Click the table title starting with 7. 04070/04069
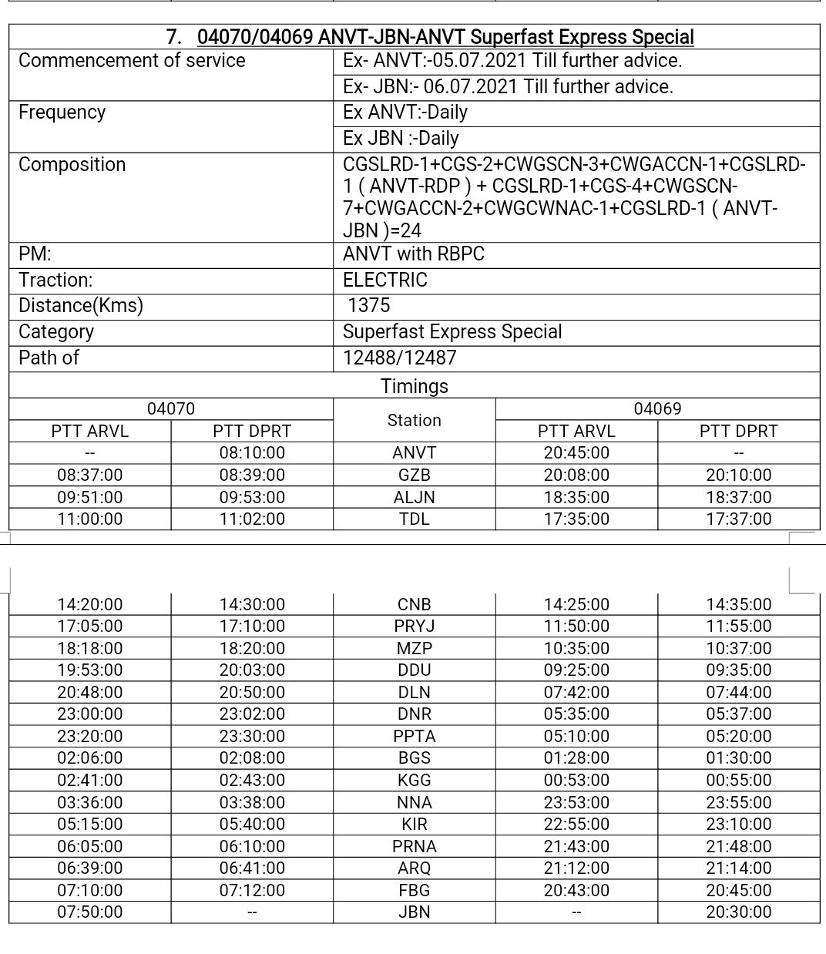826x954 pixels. pos(431,37)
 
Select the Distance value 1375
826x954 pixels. pos(368,305)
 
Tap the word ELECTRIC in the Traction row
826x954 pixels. pos(384,280)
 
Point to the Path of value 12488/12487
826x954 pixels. pos(399,358)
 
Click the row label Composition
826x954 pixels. pos(72,164)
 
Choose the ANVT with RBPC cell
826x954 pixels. pos(413,254)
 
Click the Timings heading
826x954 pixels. pos(414,386)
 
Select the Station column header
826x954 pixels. pos(414,420)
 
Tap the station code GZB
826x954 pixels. pos(414,475)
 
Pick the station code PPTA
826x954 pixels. pos(414,736)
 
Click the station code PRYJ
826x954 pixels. pos(414,626)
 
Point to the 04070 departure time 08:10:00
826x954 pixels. pos(252,453)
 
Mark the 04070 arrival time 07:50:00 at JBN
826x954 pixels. pos(89,912)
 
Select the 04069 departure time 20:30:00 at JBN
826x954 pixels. pos(738,912)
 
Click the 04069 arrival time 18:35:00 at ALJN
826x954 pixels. pos(576,498)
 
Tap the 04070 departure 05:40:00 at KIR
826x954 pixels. pos(252,825)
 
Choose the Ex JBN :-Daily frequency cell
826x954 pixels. pos(401,139)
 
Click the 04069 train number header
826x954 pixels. pos(657,408)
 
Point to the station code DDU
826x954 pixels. pos(414,670)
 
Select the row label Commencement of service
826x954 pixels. pos(132,61)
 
